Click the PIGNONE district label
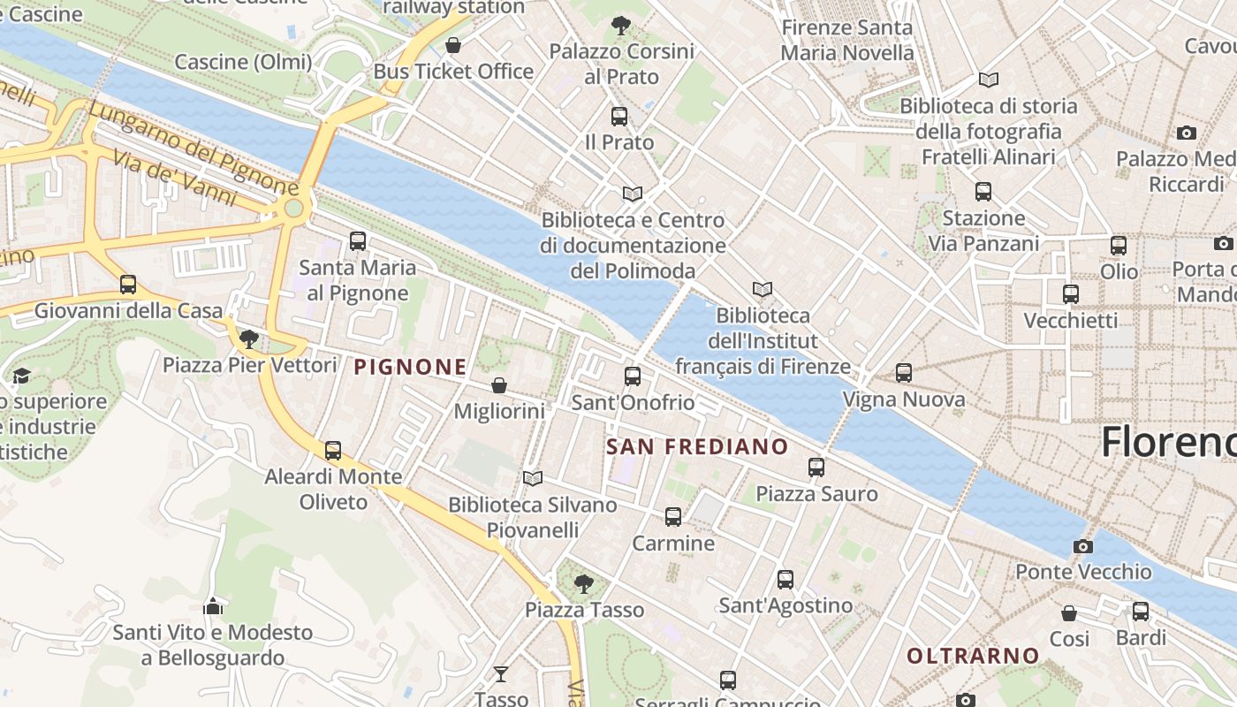410,367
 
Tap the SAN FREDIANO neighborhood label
696,446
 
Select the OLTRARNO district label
973,656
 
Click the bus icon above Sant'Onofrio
633,376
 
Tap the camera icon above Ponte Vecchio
1082,546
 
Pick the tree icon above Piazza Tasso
583,583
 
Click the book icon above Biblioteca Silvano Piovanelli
532,478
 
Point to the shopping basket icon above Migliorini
499,385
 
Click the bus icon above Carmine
673,517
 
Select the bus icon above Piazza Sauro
816,467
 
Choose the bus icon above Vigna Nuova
903,373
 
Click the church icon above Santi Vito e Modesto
213,606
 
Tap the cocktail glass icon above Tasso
501,674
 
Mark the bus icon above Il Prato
619,116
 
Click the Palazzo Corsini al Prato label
622,64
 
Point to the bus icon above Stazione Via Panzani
983,191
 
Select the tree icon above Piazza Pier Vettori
249,338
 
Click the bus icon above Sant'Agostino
785,580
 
